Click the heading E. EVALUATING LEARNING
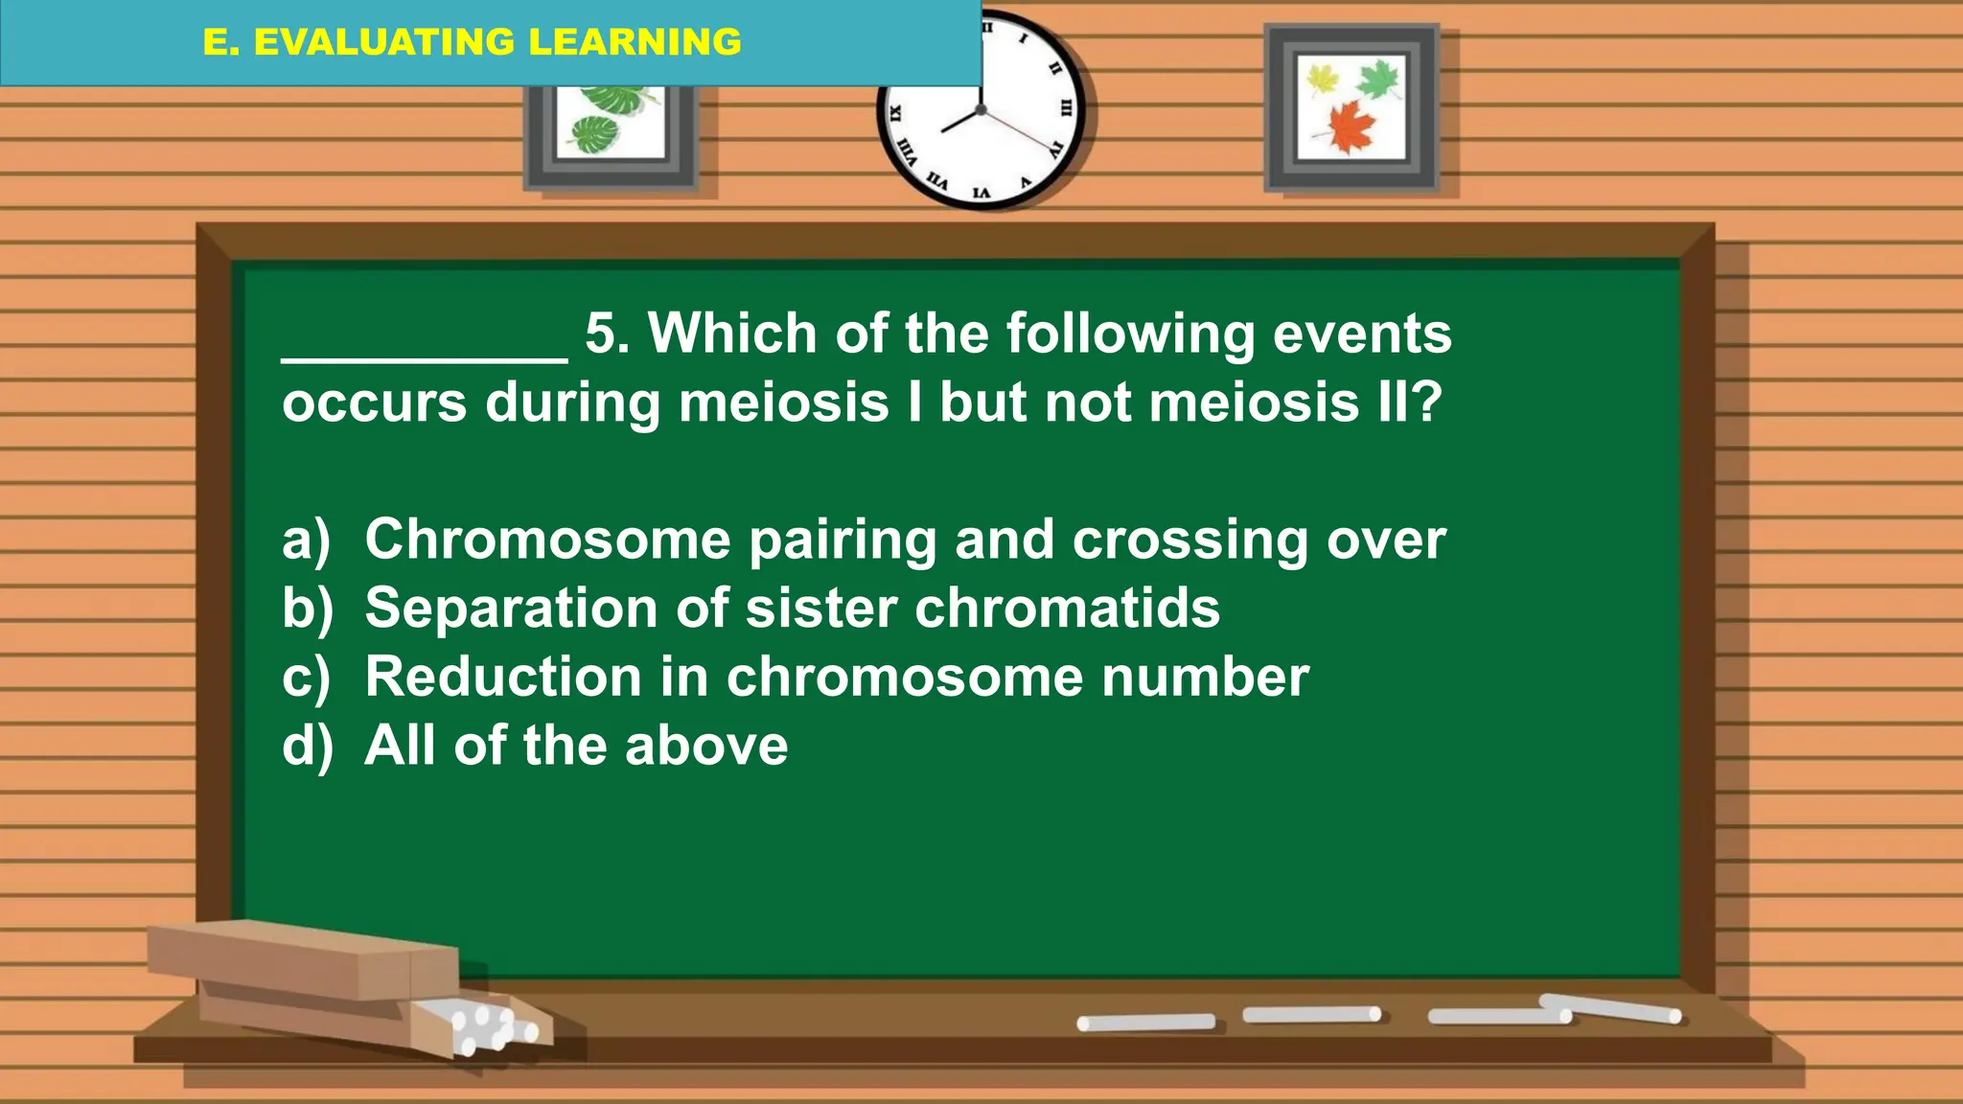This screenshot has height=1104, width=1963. (x=472, y=42)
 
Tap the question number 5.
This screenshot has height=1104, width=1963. (x=607, y=334)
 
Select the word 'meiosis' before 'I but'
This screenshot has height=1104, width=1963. (x=783, y=402)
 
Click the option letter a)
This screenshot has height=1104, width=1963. (x=306, y=540)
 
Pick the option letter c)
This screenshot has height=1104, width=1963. (x=306, y=678)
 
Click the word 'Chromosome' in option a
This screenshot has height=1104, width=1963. (x=547, y=540)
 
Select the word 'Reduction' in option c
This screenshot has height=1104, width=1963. (x=503, y=678)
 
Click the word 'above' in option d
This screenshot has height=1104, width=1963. (x=705, y=747)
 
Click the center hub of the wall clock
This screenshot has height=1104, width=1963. (x=981, y=110)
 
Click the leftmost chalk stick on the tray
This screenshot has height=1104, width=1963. (x=1145, y=1023)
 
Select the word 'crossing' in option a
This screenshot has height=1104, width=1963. (x=1189, y=540)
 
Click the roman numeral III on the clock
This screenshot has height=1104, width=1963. (x=1065, y=108)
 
